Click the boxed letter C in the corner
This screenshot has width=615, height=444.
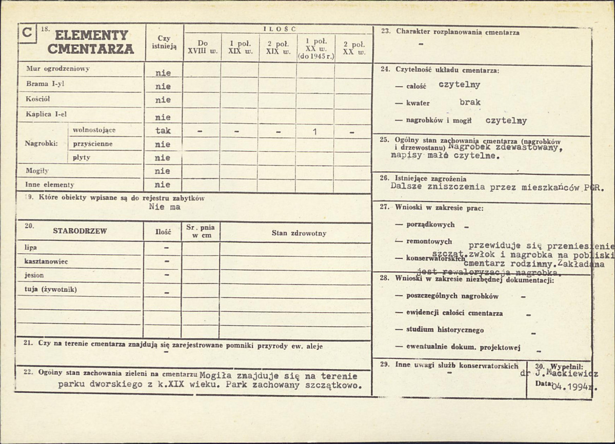pyautogui.click(x=27, y=33)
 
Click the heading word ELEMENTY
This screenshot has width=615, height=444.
pyautogui.click(x=91, y=36)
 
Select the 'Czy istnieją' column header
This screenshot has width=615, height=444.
pyautogui.click(x=164, y=42)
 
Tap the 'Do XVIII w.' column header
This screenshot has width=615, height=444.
pyautogui.click(x=202, y=47)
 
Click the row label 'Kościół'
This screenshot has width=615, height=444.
pyautogui.click(x=37, y=98)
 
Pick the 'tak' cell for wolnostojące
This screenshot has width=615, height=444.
pyautogui.click(x=163, y=131)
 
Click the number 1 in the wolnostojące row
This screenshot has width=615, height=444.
pyautogui.click(x=315, y=132)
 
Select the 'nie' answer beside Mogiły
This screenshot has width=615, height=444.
pyautogui.click(x=163, y=171)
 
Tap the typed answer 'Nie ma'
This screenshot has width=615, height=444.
pyautogui.click(x=165, y=207)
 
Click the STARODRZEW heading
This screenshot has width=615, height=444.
pyautogui.click(x=80, y=231)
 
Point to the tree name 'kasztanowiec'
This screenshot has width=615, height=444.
pyautogui.click(x=46, y=261)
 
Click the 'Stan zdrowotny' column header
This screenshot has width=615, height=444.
pyautogui.click(x=299, y=233)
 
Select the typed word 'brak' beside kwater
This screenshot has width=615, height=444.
pyautogui.click(x=470, y=102)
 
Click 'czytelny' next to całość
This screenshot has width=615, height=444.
pyautogui.click(x=460, y=85)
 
